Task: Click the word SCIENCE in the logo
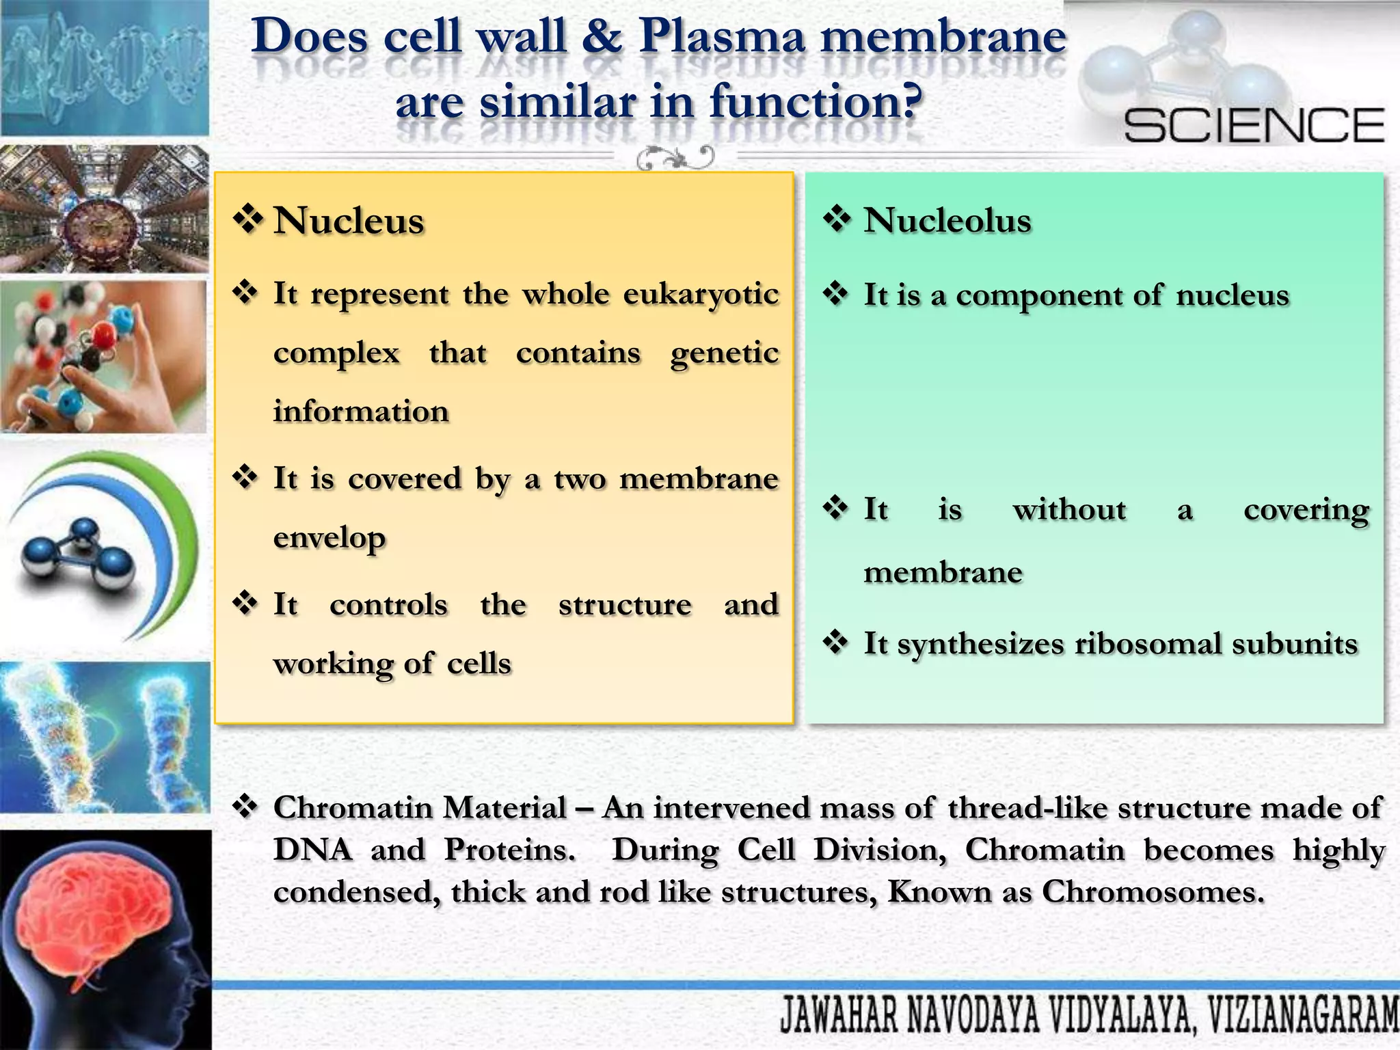pos(1254,125)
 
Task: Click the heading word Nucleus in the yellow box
pos(349,221)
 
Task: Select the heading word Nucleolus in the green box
pos(947,221)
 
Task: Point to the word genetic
pos(725,353)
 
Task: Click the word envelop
pos(329,538)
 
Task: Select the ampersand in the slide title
pos(602,37)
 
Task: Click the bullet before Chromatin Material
pos(244,807)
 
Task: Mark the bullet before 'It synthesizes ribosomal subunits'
pos(835,642)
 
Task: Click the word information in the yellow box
pos(361,412)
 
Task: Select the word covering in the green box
pos(1306,510)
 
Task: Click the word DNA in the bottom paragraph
pos(312,850)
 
